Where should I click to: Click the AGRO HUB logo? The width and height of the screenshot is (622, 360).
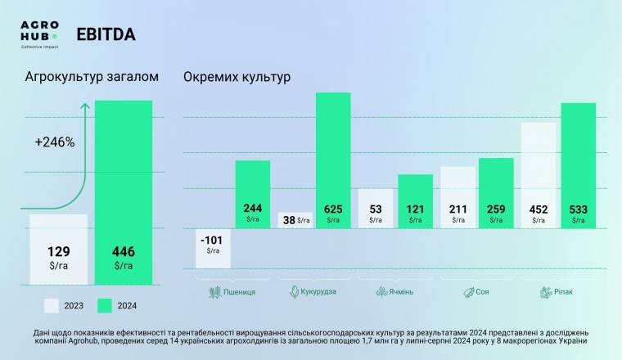38,34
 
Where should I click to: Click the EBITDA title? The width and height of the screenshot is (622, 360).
106,34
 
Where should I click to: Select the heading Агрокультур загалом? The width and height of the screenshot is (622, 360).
91,78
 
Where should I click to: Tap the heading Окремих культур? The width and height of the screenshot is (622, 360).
237,78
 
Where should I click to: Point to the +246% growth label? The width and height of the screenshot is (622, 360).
55,142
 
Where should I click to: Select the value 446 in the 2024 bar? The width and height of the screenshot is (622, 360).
123,251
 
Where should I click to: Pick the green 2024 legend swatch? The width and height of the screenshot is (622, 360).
105,305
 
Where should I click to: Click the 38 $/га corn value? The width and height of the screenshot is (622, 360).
294,220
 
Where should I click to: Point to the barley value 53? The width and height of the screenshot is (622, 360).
376,209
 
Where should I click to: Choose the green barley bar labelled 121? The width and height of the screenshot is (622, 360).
415,200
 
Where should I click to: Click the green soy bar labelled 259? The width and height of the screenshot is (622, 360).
496,192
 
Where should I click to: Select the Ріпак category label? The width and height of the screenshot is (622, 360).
559,291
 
